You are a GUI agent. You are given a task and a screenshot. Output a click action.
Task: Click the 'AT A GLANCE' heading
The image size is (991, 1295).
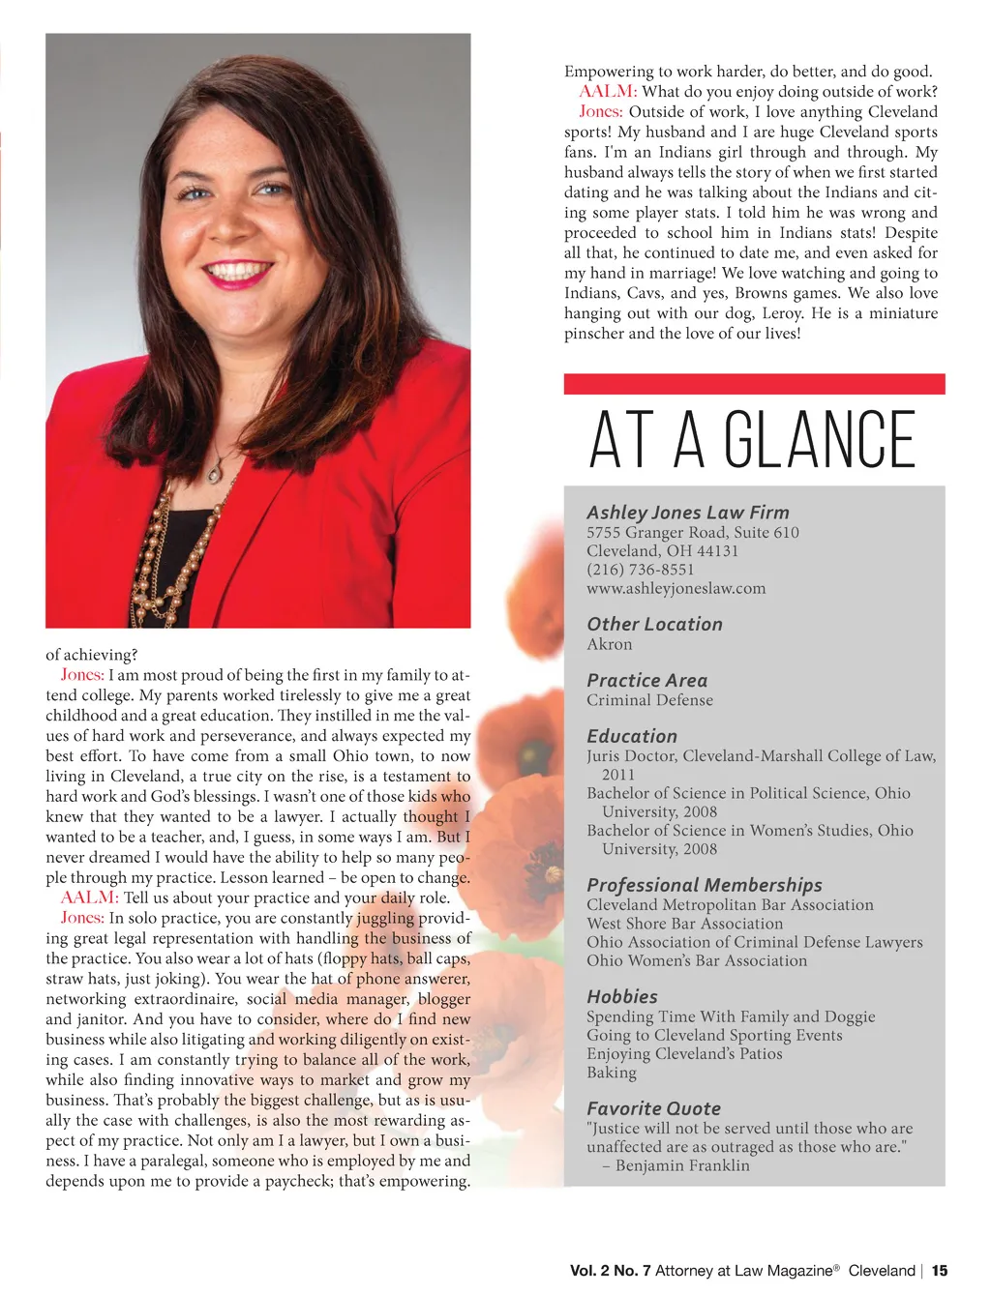pos(752,439)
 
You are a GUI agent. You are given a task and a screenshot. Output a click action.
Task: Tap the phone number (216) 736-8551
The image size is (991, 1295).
pos(641,570)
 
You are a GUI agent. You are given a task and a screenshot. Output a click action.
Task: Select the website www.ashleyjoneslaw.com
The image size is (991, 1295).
pos(676,588)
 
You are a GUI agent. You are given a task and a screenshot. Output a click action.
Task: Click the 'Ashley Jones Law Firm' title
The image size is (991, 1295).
pos(687,513)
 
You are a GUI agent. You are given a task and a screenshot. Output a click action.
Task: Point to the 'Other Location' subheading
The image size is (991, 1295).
pos(654,625)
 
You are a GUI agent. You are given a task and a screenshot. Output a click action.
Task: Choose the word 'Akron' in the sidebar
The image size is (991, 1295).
pos(609,644)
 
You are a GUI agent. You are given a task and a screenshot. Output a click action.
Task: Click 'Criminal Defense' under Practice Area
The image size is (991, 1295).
pos(649,700)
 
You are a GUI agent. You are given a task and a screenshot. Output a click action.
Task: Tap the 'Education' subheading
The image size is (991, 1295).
pos(632,736)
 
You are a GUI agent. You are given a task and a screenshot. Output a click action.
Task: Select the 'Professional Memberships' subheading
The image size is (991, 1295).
pos(704,885)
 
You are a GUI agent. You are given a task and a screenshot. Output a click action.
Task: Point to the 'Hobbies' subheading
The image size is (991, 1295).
pos(621,996)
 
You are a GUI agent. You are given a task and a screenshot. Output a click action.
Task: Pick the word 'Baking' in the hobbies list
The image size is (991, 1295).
pos(611,1073)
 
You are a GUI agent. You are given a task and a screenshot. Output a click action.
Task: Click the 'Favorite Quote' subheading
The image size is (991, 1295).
pos(653,1108)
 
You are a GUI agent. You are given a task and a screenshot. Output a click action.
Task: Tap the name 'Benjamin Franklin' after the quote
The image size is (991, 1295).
pos(682,1165)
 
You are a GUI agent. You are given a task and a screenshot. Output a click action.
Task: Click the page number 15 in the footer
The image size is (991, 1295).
pos(940,1271)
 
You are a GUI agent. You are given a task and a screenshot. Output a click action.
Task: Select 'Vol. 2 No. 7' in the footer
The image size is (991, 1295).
pos(610,1271)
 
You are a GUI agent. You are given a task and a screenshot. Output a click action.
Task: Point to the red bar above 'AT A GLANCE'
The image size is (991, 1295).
pos(754,384)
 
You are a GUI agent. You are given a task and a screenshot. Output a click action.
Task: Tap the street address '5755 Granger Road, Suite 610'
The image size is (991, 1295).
pos(692,532)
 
